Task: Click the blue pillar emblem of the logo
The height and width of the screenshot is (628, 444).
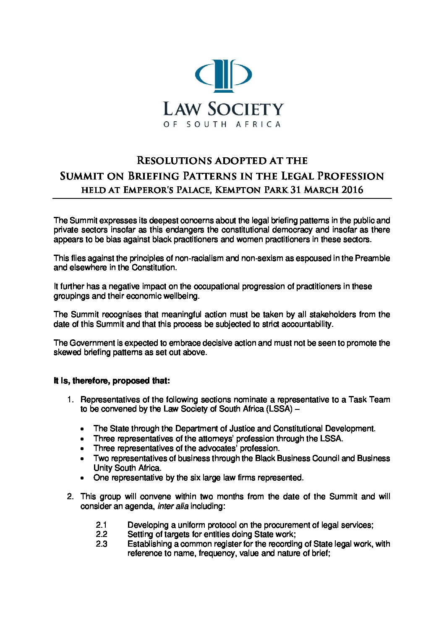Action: pyautogui.click(x=223, y=76)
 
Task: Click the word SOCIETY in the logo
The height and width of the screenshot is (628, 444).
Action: pyautogui.click(x=246, y=109)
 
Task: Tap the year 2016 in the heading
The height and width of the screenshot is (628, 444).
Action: pyautogui.click(x=353, y=190)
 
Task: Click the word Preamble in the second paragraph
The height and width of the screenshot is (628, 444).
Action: pyautogui.click(x=372, y=258)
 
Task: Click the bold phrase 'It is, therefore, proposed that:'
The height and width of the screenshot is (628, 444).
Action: pyautogui.click(x=112, y=381)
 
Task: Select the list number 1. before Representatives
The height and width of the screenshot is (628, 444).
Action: pyautogui.click(x=71, y=399)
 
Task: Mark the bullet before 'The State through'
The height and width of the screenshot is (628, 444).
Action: pyautogui.click(x=83, y=429)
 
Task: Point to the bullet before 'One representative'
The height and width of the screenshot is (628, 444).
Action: pyautogui.click(x=83, y=478)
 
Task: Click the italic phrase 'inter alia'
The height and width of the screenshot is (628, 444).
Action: pyautogui.click(x=173, y=506)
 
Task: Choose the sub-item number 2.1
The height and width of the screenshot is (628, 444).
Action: pyautogui.click(x=102, y=525)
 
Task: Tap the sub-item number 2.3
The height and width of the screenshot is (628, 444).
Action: pyautogui.click(x=102, y=544)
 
